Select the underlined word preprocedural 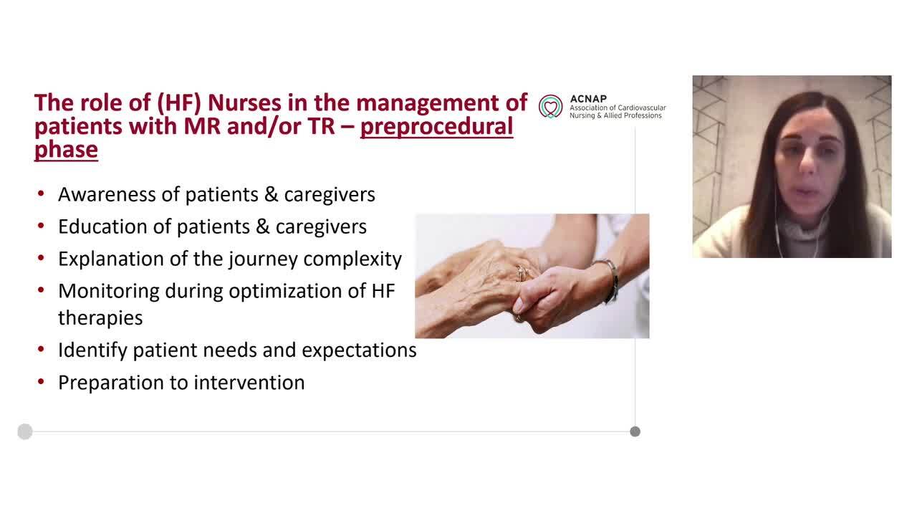click(x=436, y=126)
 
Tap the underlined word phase click(x=66, y=149)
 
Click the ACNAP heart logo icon click(x=551, y=106)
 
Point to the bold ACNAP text click(x=587, y=98)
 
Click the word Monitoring click(x=109, y=291)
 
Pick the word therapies click(x=100, y=317)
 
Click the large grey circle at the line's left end click(x=25, y=431)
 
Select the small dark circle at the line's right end click(x=635, y=431)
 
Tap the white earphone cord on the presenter click(x=777, y=229)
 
